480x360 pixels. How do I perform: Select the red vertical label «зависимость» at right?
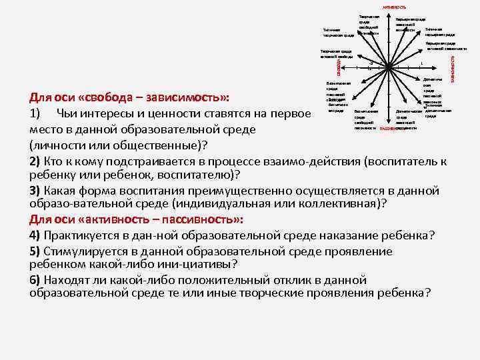(x=452, y=69)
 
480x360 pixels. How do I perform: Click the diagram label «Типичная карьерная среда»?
(x=439, y=31)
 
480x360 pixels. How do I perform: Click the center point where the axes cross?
(x=389, y=67)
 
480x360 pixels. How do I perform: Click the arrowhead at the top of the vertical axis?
(x=389, y=13)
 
